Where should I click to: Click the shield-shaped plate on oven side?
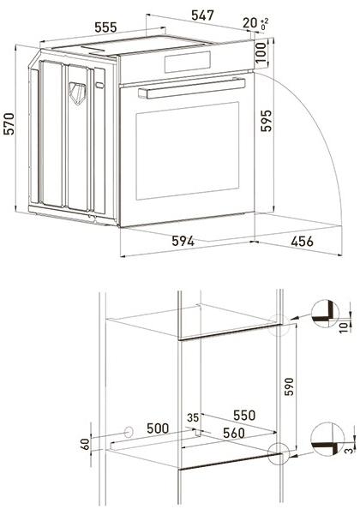click(79, 90)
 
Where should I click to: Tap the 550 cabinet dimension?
click(244, 416)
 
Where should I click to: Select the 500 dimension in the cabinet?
click(156, 427)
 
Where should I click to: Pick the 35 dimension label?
click(193, 417)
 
